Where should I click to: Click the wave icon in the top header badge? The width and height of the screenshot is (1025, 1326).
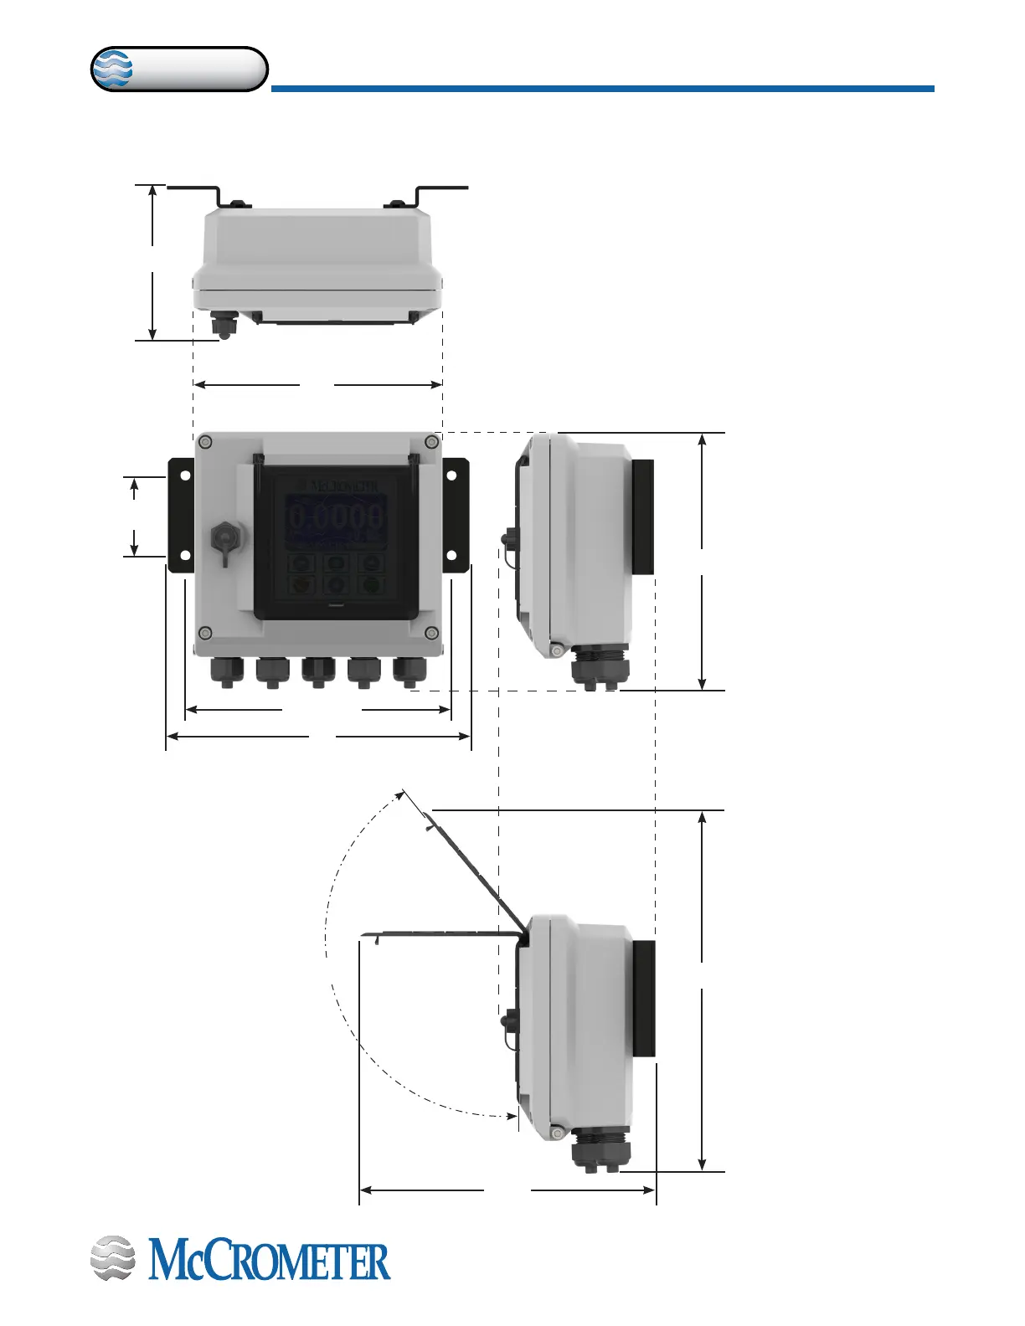coord(112,69)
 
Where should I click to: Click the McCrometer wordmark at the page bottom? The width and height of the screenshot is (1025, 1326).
coord(269,1262)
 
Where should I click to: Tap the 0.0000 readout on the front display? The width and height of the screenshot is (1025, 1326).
coord(337,517)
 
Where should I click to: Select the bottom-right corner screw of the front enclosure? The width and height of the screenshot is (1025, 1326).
coord(431,632)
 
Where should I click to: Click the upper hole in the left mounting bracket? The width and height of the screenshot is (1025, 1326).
coord(185,475)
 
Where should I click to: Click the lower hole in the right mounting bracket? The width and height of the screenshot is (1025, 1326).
coord(451,556)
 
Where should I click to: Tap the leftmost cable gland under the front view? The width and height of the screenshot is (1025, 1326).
coord(226,671)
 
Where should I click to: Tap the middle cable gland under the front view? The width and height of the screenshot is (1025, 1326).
coord(317,671)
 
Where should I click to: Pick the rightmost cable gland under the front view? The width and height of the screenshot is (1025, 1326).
coord(409,671)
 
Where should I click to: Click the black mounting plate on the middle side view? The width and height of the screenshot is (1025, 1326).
coord(642,517)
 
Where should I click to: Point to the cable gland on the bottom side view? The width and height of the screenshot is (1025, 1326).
coord(596,1149)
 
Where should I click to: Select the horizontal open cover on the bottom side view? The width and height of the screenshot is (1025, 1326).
coord(435,933)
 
